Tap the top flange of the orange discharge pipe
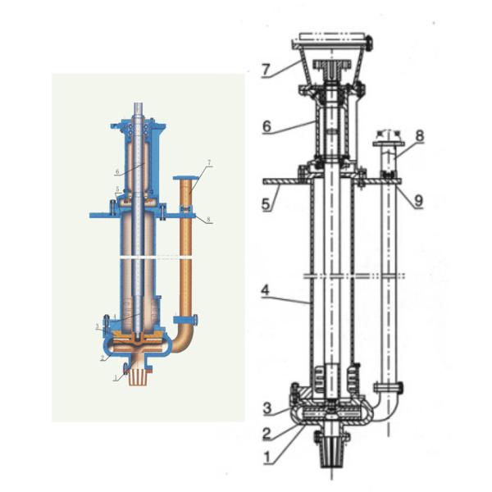[x=184, y=179]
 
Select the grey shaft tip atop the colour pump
[x=139, y=112]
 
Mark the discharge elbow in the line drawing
[x=384, y=407]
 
